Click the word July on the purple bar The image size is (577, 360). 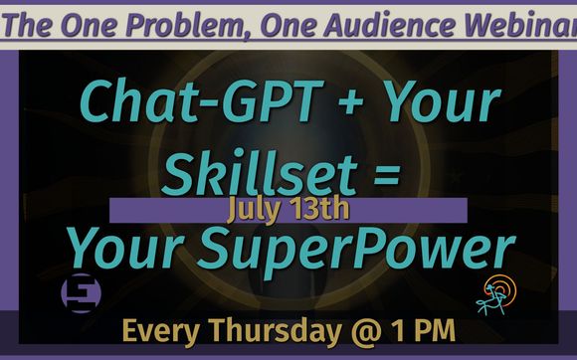tap(255, 211)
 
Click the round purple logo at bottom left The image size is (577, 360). tap(78, 293)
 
